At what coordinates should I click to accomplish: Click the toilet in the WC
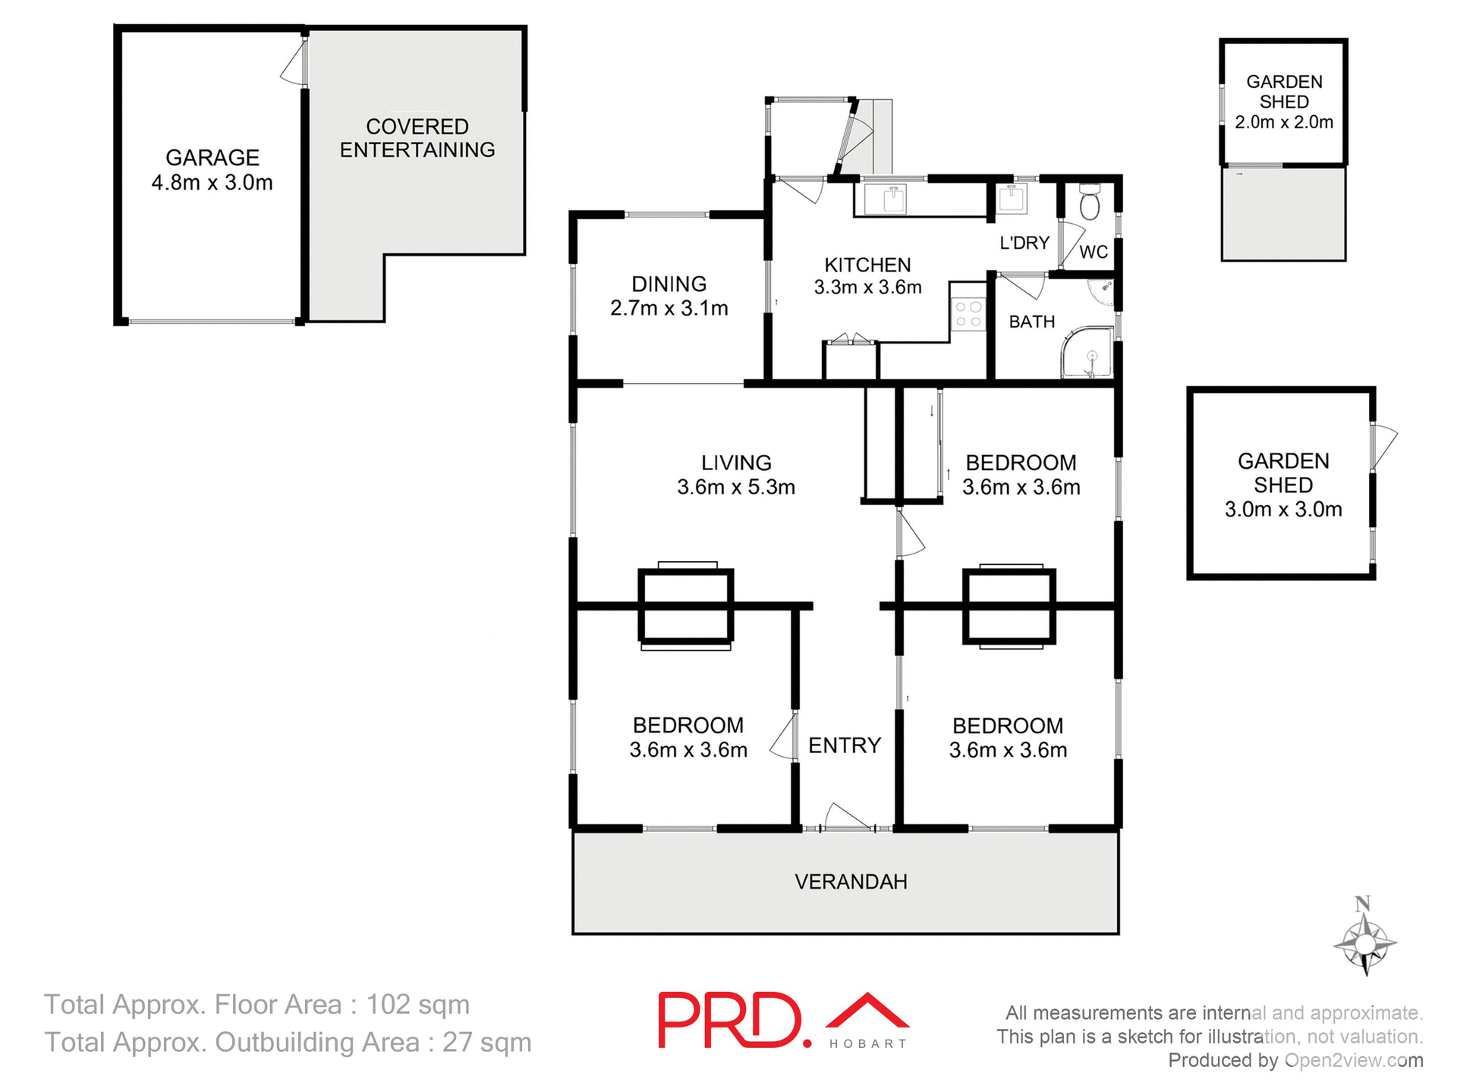pos(1090,203)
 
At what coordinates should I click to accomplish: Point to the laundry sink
pos(1012,199)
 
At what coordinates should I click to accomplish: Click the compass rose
pos(1364,943)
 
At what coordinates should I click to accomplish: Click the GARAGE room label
pos(212,158)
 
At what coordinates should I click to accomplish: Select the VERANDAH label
pos(851,881)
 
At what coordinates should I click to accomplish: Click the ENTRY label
pos(845,745)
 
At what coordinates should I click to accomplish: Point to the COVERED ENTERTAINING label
pos(417,138)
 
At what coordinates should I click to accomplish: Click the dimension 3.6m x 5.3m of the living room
pos(736,487)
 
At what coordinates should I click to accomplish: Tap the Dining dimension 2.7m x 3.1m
pos(669,308)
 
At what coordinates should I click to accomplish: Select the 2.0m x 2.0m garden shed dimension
pos(1284,122)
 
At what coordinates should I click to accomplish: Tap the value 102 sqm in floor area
pos(418,1004)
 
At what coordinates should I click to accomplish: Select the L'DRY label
pos(1024,243)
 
